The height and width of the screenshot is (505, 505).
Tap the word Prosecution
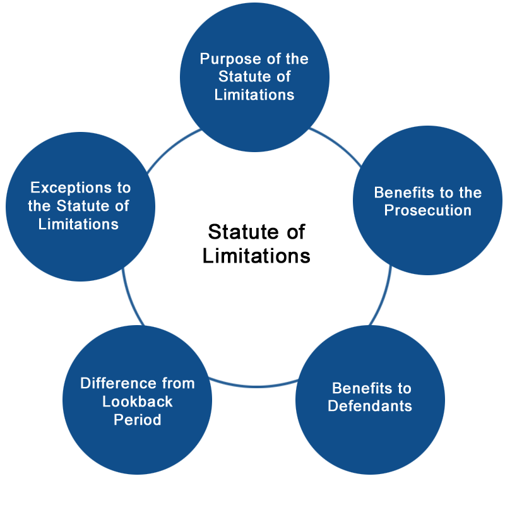pos(428,211)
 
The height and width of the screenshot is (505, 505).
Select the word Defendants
pos(370,406)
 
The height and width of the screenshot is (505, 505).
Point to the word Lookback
pos(137,401)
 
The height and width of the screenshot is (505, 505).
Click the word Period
pos(137,420)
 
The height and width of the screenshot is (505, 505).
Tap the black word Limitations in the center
pos(256,256)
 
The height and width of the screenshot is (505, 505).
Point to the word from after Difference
pos(179,383)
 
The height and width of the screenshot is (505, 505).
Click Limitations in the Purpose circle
pos(254,95)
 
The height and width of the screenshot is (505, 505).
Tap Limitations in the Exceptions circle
pos(78,224)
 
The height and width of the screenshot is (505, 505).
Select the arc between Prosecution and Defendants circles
pos(383,296)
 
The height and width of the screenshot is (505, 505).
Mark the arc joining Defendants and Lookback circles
pos(254,386)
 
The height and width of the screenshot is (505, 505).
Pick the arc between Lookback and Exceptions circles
pos(131,298)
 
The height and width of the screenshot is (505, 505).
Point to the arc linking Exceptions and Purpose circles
pos(172,148)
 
